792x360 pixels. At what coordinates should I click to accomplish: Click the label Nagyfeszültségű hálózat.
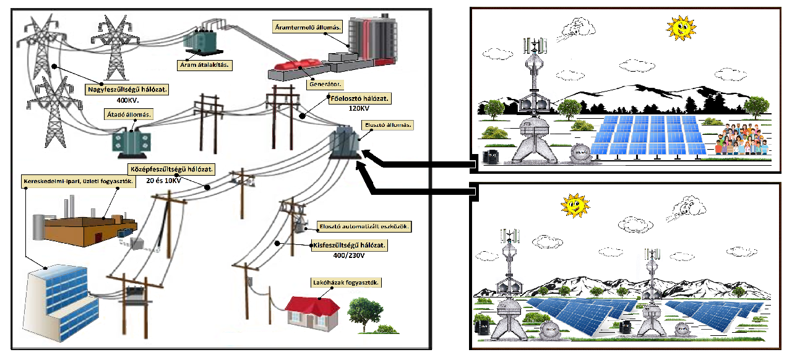click(128, 90)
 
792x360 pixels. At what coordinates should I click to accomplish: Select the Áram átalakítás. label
click(204, 64)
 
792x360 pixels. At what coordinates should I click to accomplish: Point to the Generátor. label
click(325, 83)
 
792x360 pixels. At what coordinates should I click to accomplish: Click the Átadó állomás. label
click(129, 114)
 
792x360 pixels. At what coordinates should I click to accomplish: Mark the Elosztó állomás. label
click(387, 124)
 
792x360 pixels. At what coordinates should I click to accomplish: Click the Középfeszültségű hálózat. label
click(171, 168)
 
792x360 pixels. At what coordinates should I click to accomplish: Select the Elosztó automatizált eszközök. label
click(364, 226)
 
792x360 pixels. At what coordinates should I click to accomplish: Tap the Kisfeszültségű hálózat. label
click(350, 246)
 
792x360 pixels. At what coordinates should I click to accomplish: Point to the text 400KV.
click(127, 100)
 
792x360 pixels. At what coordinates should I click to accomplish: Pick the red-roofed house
click(313, 312)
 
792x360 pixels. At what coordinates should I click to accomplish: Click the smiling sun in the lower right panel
click(574, 206)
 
